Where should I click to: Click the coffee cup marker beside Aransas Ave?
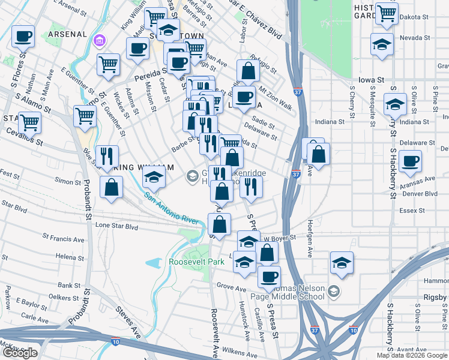click(410, 161)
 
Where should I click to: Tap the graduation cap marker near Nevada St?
click(381, 45)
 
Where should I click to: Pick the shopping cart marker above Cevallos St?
click(29, 123)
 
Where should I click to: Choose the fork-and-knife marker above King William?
click(106, 157)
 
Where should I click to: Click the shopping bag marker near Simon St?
click(112, 187)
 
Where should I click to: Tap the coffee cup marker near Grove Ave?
click(269, 277)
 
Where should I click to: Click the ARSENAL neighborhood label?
click(67, 34)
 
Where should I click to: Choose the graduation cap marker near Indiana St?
click(395, 106)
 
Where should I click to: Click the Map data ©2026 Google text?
click(411, 355)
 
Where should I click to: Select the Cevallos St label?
click(22, 142)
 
